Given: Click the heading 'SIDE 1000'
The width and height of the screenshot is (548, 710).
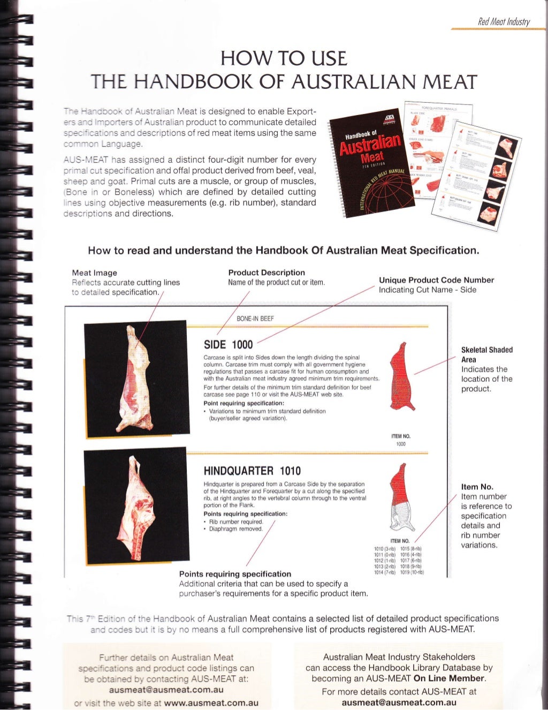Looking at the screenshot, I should [x=228, y=344].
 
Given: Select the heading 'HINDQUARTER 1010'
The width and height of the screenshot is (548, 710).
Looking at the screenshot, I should [x=252, y=471].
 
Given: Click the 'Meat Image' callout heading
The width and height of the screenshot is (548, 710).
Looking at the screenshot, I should [x=94, y=273].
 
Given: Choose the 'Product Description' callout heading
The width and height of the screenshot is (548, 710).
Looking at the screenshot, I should [x=266, y=273].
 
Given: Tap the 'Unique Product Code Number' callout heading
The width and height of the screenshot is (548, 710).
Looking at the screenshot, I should [x=436, y=280].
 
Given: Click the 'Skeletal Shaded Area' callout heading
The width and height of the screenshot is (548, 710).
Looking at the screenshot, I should [x=486, y=354].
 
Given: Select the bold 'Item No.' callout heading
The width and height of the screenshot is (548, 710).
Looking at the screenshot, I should [x=477, y=487].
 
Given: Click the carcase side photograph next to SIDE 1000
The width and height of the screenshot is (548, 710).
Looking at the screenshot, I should [x=135, y=378].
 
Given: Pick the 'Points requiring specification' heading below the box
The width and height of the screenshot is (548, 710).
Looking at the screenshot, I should [x=235, y=574].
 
